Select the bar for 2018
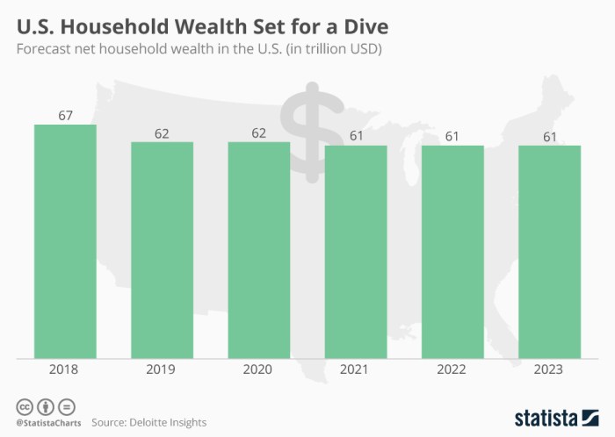coord(65,241)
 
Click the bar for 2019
coord(162,250)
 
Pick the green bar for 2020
coord(258,250)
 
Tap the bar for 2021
coord(356,252)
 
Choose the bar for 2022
coord(452,252)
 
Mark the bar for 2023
coord(549,252)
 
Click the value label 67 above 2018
coord(65,116)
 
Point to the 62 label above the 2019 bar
coord(162,133)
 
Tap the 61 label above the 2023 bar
coord(549,137)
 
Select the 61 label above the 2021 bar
coord(356,137)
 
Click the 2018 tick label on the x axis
coord(65,370)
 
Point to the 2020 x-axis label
coord(258,370)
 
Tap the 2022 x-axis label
coord(452,370)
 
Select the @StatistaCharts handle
coord(45,422)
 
